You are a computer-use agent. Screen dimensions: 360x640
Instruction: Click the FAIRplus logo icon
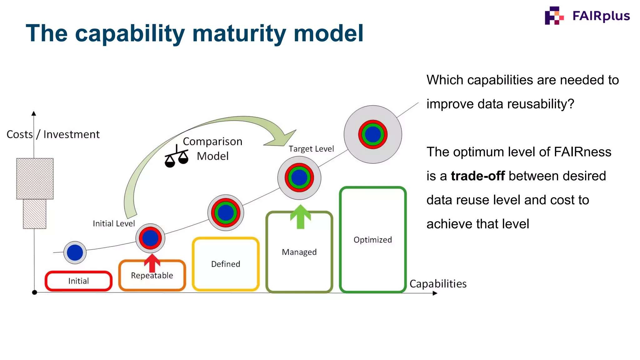(554, 16)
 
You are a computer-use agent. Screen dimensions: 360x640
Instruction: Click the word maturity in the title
(239, 33)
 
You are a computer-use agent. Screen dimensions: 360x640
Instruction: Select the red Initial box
(78, 281)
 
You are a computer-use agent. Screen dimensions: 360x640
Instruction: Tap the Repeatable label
(152, 276)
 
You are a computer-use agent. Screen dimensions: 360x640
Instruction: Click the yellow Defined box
(226, 264)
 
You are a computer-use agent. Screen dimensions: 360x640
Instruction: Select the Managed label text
(299, 252)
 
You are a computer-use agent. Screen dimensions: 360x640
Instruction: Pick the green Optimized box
(372, 240)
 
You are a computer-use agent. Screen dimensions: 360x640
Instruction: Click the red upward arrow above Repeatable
(152, 262)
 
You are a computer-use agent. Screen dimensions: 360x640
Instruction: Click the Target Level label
(311, 149)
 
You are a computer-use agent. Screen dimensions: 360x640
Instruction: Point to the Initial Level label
(114, 223)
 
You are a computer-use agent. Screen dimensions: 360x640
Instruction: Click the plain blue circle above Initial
(75, 252)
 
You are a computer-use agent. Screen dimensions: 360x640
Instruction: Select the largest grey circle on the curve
(373, 134)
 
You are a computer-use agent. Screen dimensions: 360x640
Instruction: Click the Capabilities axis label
(438, 284)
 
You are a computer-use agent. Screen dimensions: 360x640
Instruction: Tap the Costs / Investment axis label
(53, 134)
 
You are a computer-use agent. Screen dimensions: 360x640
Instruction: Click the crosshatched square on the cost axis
(35, 179)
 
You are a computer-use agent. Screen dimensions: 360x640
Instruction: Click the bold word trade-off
(477, 176)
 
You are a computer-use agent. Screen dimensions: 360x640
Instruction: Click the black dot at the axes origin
(35, 292)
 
